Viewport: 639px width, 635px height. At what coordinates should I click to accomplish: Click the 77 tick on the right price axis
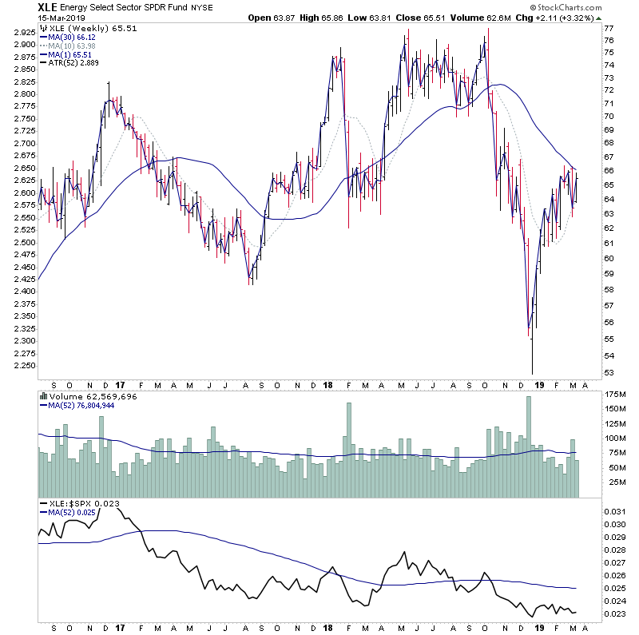[609, 28]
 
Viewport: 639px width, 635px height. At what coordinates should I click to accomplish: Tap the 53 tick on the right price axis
[609, 373]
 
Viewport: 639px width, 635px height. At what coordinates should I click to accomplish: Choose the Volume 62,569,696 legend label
[89, 396]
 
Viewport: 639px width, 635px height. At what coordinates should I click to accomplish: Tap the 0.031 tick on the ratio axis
[614, 511]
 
